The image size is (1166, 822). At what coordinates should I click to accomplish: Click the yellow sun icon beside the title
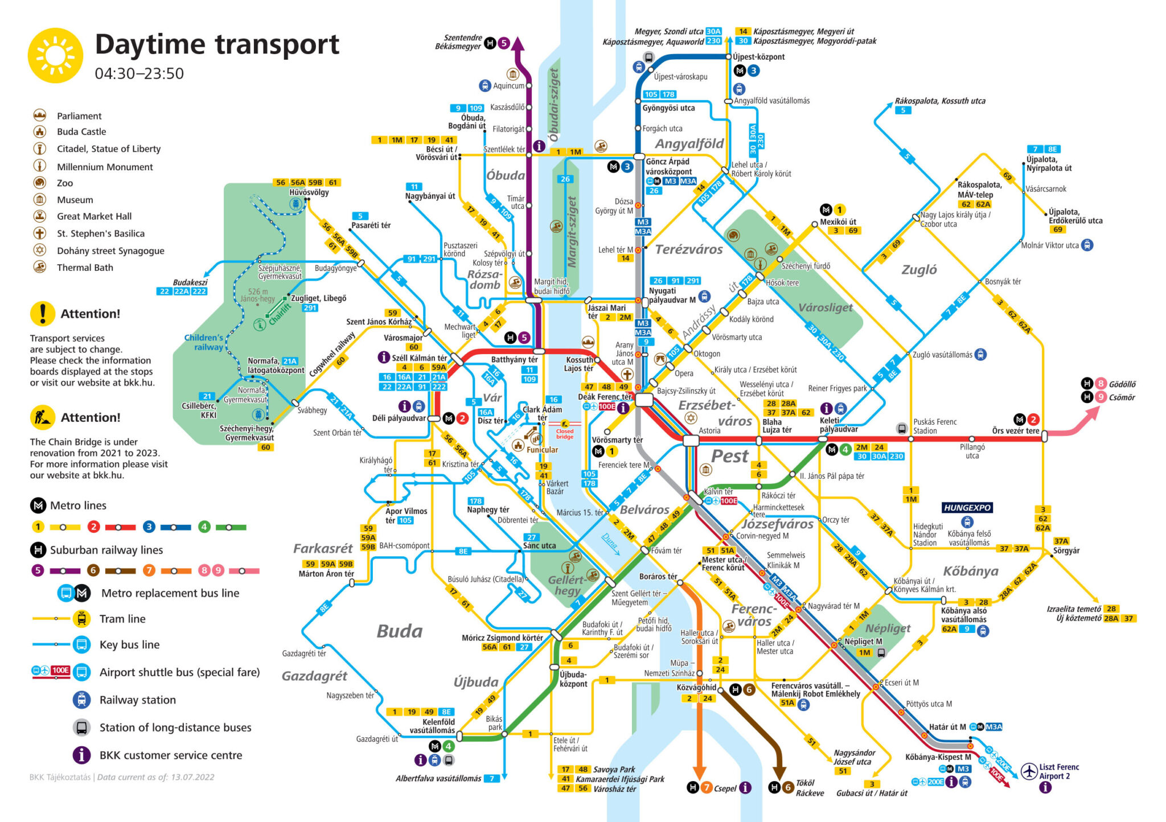pos(55,56)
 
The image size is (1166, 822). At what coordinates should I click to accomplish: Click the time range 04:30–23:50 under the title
pos(139,74)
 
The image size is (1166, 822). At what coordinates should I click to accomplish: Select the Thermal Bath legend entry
pos(85,268)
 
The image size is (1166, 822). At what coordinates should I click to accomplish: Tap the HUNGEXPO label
pos(967,507)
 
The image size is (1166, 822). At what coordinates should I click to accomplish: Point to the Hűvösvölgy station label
pos(309,192)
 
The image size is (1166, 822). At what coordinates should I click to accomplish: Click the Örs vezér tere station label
pos(1015,431)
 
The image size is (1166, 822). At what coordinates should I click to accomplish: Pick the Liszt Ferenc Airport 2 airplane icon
pos(1029,771)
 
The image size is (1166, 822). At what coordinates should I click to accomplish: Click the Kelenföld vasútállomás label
pos(432,726)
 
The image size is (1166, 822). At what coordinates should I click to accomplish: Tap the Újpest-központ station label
pos(758,57)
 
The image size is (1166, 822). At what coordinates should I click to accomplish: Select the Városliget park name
pos(825,308)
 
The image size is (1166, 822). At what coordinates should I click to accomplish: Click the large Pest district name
pos(729,456)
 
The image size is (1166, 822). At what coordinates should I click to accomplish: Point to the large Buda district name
pos(399,631)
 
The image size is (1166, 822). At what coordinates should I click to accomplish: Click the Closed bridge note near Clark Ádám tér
pos(564,434)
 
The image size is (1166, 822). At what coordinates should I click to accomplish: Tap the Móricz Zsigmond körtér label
pos(502,638)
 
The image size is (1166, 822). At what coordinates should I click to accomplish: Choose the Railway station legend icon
pos(81,700)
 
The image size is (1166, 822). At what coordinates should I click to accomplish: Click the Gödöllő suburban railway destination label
pos(1122,384)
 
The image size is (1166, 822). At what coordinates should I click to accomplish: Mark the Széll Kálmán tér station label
pos(419,358)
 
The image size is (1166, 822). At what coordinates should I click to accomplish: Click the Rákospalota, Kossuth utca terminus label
pos(939,101)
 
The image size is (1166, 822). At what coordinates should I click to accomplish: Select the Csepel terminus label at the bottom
pos(725,788)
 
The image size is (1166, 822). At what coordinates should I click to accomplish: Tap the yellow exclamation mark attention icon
pos(43,314)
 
